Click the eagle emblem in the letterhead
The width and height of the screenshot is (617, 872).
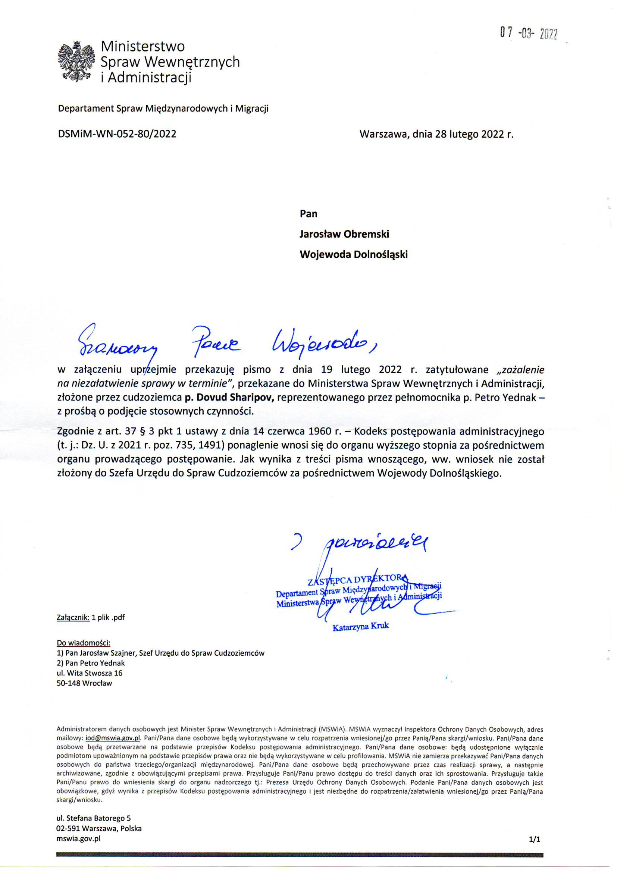point(76,62)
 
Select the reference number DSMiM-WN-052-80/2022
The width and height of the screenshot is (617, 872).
point(117,134)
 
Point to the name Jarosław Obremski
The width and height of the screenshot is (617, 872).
point(344,234)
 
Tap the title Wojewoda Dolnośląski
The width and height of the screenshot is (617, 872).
point(354,254)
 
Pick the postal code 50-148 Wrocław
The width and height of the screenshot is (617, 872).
point(84,683)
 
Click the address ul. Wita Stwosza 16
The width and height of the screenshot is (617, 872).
point(89,673)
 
